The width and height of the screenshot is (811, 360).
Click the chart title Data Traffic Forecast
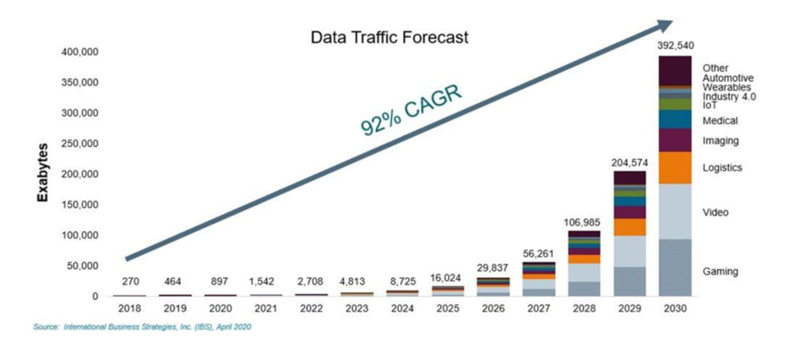[x=389, y=38]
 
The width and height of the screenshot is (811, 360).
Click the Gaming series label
[x=721, y=271]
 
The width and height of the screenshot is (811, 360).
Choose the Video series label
[x=716, y=212]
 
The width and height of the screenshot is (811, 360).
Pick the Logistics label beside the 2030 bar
[x=722, y=167]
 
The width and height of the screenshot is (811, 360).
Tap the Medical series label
[x=719, y=121]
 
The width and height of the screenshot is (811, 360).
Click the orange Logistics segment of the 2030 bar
[x=675, y=167]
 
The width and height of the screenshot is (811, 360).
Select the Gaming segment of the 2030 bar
[x=675, y=267]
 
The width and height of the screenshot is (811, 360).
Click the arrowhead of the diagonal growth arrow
[x=667, y=25]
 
